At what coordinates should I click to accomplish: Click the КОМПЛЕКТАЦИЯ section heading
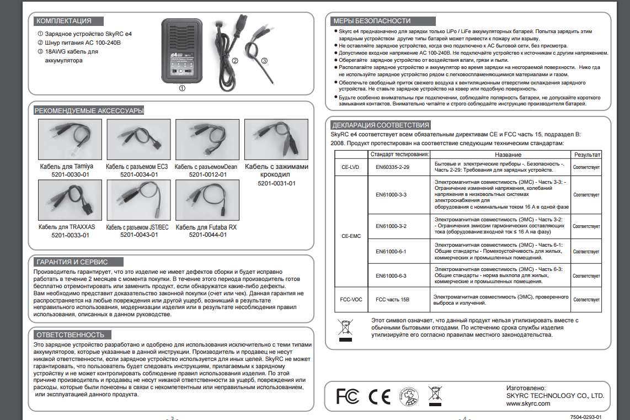(64, 21)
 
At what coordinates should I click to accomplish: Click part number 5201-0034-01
(139, 174)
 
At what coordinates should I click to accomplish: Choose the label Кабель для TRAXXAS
(67, 227)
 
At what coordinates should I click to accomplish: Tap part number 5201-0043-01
(139, 235)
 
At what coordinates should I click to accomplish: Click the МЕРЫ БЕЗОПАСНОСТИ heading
(372, 21)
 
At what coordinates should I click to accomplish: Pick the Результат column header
(587, 155)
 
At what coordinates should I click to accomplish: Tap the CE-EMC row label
(350, 236)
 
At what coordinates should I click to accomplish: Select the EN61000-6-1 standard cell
(391, 252)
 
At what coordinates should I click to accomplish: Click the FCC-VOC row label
(350, 299)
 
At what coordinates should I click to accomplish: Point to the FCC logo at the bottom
(348, 396)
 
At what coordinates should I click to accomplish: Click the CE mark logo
(379, 396)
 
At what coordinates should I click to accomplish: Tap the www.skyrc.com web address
(528, 403)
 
